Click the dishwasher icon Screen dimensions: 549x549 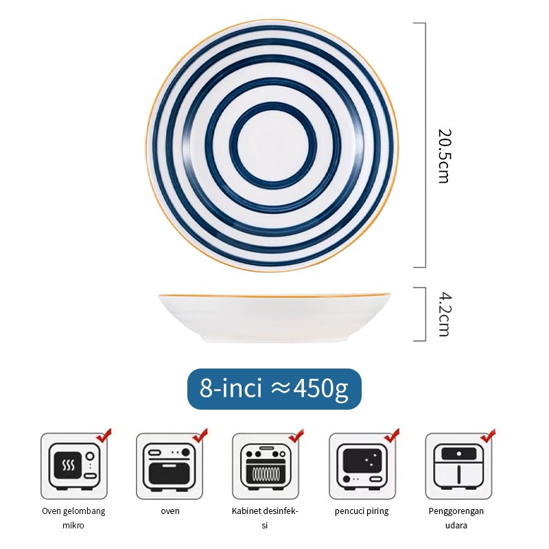pos(362,465)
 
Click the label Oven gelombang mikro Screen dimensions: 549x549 pos(73,518)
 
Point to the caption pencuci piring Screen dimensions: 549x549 pos(362,511)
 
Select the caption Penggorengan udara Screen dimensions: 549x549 pos(456,518)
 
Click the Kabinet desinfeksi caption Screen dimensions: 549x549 pos(265,518)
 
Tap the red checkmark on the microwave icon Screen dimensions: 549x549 pos(104,436)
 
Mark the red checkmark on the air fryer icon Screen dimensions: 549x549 pos(488,436)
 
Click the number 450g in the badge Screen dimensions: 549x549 pos(320,389)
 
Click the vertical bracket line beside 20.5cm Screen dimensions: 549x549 pos(425,145)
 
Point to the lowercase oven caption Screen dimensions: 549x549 pos(170,511)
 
